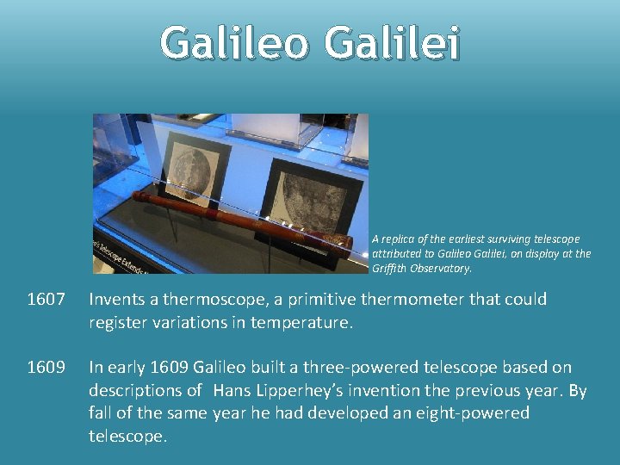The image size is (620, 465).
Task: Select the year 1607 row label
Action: pos(46,300)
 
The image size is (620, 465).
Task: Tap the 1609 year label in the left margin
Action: pos(46,367)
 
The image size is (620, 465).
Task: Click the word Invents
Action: pos(118,300)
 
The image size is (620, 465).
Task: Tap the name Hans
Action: pos(232,390)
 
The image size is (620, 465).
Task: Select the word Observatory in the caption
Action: pos(441,268)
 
